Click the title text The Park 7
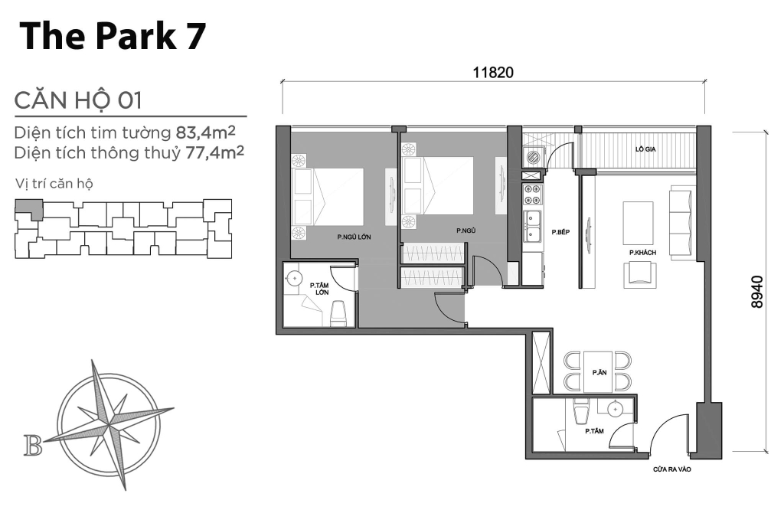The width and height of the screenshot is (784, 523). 113,36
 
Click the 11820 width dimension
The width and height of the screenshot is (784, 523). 492,72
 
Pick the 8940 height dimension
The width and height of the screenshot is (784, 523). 757,292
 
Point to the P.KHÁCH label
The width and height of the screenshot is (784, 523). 640,252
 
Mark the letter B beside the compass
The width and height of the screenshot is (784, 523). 33,445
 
